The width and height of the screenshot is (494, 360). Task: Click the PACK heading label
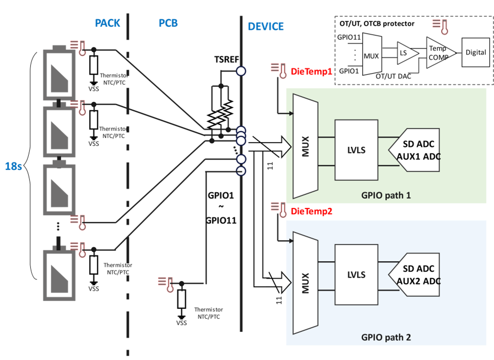(x=108, y=23)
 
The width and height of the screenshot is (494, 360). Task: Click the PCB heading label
(x=168, y=23)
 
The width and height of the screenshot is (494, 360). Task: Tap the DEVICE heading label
(x=266, y=26)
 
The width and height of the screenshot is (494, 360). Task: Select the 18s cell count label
(x=13, y=167)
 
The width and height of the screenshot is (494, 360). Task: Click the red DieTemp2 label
(x=312, y=211)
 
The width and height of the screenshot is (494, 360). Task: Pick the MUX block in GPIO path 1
(x=305, y=146)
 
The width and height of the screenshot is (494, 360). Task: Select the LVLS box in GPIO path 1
(x=356, y=150)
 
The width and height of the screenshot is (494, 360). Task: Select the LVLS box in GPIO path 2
(x=356, y=275)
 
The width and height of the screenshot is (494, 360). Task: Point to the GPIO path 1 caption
(x=386, y=195)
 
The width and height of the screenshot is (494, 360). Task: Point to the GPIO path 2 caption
(x=386, y=337)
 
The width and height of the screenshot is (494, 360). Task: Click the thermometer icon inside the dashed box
(x=444, y=27)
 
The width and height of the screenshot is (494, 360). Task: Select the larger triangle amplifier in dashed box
(x=440, y=53)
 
